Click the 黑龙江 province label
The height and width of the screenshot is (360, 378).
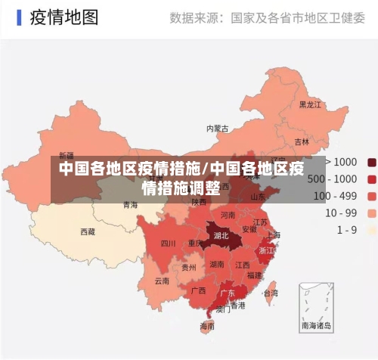pos(310,104)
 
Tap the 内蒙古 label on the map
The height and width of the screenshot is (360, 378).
pos(218,129)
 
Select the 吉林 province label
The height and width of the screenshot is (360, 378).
pos(302,141)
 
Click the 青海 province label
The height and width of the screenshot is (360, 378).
pos(130,204)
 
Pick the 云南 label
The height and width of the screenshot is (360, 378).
pos(162,281)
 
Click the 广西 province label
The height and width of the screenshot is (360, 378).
pos(198,290)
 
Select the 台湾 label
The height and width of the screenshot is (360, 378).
pos(270,292)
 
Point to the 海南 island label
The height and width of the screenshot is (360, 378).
pos(207,326)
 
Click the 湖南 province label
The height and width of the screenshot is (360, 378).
pos(217,265)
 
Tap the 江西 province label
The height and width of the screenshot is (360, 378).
pos(242,265)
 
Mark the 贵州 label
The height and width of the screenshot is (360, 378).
pos(189,267)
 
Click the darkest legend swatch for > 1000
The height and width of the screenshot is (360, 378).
pos(372,162)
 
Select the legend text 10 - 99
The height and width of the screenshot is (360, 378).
pos(341,213)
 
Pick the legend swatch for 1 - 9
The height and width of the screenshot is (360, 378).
pos(372,229)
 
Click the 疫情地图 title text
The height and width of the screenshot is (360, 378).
pos(64,17)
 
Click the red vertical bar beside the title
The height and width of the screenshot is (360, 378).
pos(18,17)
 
